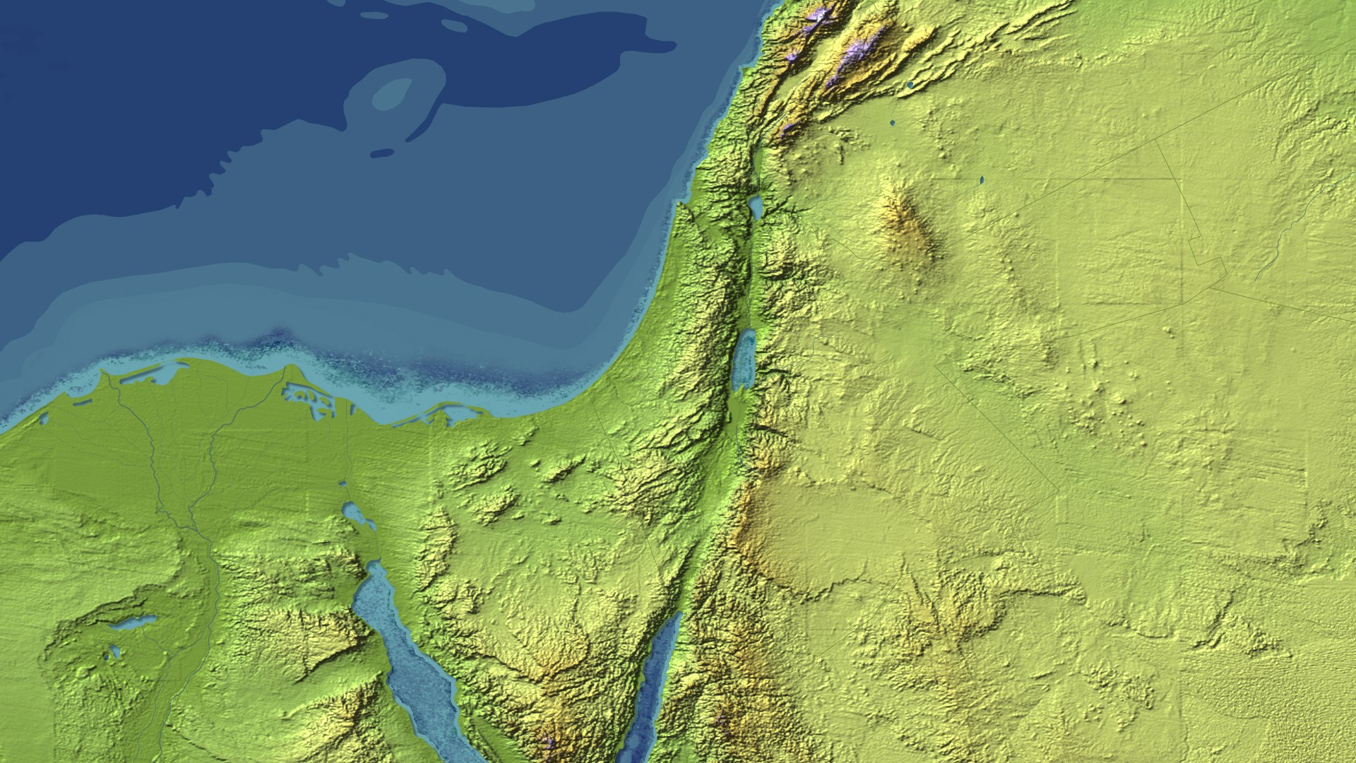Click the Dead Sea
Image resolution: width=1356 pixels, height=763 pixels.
pyautogui.click(x=744, y=360)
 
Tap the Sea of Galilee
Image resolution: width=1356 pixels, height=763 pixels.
pyautogui.click(x=756, y=208)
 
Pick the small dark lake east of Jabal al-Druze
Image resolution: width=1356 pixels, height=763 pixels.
pyautogui.click(x=982, y=180)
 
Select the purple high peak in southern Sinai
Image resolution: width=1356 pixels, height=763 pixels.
pyautogui.click(x=547, y=742)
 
